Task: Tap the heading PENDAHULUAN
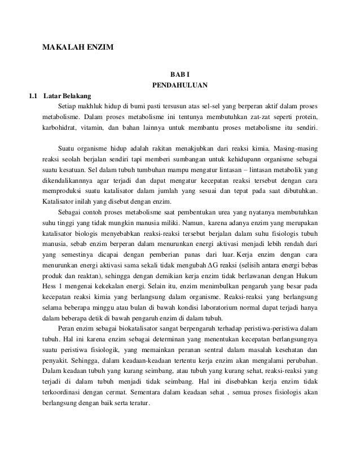pos(180,85)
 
